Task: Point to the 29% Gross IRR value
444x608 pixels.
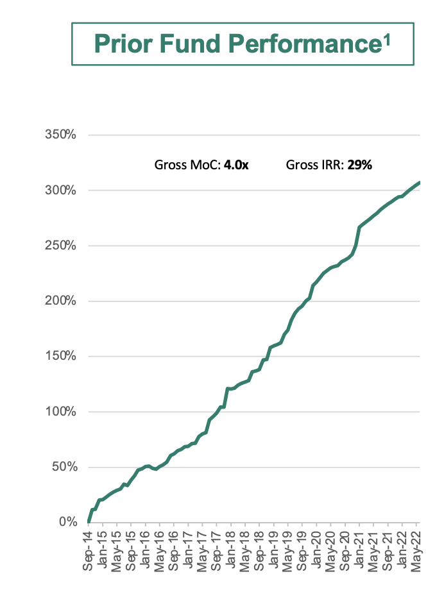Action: (x=360, y=165)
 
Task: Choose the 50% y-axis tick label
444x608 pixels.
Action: (x=64, y=467)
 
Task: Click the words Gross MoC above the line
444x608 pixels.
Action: (x=187, y=165)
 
